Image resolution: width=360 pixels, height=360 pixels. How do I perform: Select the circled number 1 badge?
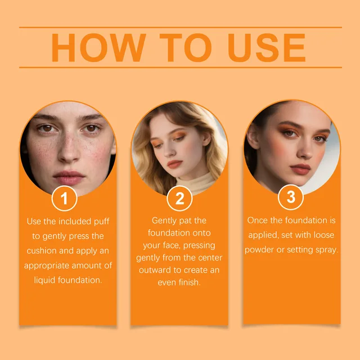click(x=64, y=198)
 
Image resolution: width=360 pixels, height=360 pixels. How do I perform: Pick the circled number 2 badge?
click(x=179, y=198)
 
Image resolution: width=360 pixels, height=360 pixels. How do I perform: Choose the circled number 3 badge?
click(x=291, y=197)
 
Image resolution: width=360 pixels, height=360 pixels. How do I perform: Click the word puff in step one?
click(x=107, y=221)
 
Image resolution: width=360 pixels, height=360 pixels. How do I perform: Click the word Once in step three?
click(x=258, y=220)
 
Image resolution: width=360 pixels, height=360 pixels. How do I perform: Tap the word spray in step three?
click(x=326, y=250)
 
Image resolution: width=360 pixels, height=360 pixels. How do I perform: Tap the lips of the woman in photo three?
click(x=301, y=169)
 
